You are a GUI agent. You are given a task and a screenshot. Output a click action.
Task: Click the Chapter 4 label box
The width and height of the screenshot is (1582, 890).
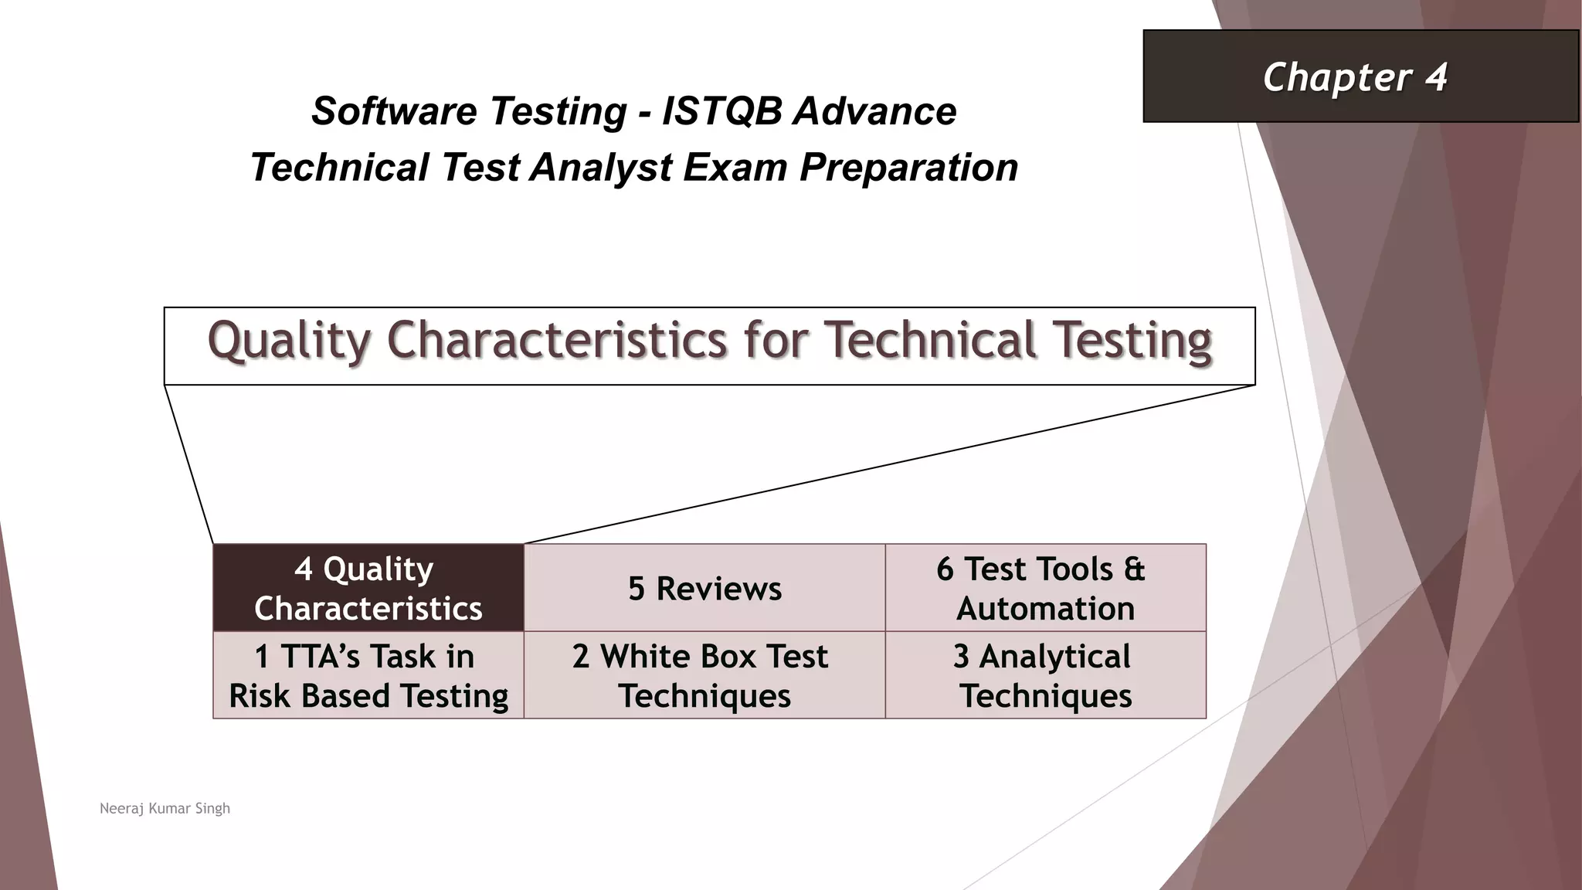click(1360, 76)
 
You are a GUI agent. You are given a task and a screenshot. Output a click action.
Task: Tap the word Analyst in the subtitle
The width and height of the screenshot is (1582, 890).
click(601, 168)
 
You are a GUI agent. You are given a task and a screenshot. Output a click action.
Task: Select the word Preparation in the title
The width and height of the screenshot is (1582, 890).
click(909, 168)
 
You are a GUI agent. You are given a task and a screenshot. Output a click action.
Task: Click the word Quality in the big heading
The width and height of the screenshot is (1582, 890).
click(290, 341)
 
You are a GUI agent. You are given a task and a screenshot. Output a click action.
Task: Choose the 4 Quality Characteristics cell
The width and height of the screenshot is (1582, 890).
click(368, 588)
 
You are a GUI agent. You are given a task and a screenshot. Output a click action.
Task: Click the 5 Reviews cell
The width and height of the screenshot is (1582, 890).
click(704, 588)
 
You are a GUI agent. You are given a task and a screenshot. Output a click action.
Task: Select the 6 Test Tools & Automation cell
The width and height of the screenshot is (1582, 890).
click(1044, 588)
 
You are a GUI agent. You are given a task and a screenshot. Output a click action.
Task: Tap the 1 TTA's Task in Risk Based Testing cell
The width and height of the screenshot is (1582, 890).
click(368, 676)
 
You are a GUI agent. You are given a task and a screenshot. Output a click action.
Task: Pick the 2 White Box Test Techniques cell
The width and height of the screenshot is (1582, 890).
click(704, 676)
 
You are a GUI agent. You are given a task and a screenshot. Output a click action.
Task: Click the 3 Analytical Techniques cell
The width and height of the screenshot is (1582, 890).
click(1044, 676)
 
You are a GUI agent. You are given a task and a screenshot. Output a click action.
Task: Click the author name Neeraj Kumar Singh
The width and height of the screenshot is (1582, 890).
click(165, 808)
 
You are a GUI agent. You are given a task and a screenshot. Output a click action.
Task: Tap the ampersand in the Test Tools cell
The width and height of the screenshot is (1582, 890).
click(1134, 569)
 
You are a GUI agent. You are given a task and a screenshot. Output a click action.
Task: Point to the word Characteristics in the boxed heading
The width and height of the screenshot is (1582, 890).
click(556, 341)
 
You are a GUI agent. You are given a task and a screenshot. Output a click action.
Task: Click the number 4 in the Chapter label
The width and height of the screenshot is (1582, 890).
click(1436, 76)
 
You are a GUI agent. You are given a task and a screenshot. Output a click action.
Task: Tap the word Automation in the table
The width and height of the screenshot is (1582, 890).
click(1045, 609)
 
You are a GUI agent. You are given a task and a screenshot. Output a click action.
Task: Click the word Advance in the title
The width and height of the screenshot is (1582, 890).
click(874, 110)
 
